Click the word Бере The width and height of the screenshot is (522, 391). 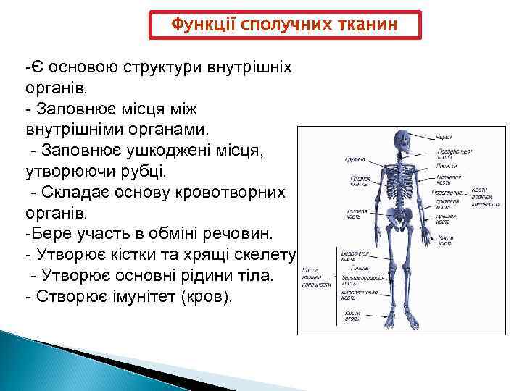point(47,235)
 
